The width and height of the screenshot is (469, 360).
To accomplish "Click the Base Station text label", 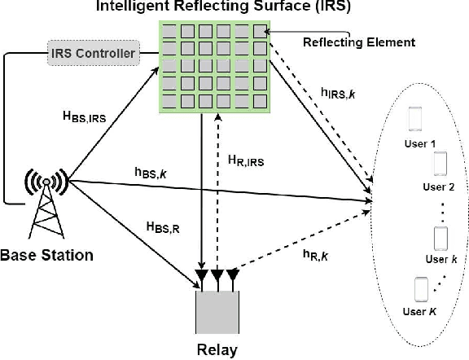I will coord(47,255).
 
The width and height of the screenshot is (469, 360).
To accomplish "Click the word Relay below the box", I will coord(217,351).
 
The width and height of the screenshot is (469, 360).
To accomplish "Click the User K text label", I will coord(419,311).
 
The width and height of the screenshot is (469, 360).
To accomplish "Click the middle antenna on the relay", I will coord(217,278).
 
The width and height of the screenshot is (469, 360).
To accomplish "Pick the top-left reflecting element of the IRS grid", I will coord(170,32).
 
